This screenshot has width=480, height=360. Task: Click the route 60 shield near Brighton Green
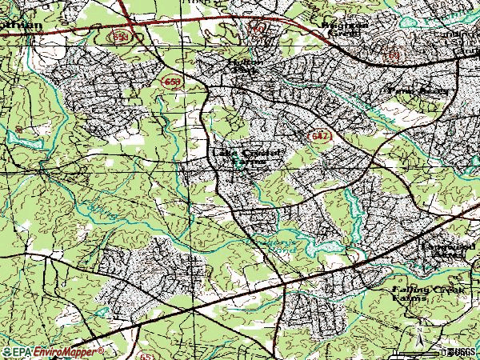258,29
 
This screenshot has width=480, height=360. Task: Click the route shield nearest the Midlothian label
121,37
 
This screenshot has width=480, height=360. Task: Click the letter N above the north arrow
417,328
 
